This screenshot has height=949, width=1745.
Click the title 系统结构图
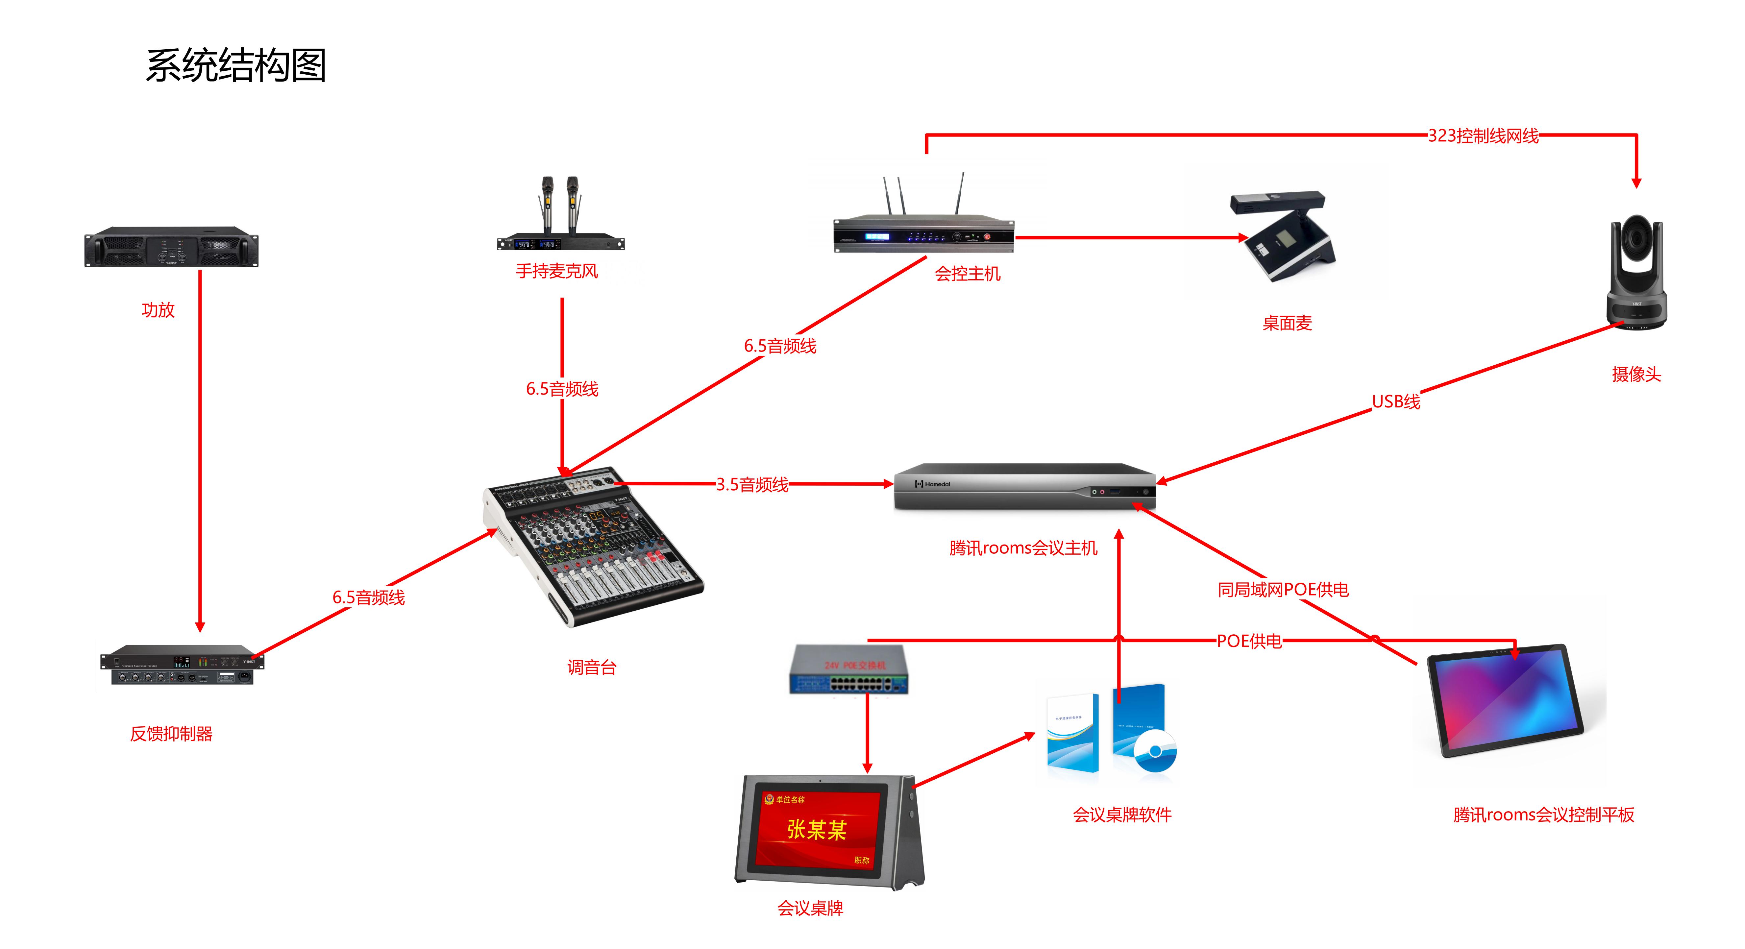236,66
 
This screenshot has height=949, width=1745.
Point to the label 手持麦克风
557,271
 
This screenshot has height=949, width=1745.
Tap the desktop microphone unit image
1282,237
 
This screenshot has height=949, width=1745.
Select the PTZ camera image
1636,274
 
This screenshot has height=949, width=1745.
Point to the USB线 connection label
1395,402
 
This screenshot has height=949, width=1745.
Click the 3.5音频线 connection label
752,484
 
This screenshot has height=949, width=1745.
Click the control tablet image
1505,700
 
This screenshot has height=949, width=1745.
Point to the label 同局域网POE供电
1282,589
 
